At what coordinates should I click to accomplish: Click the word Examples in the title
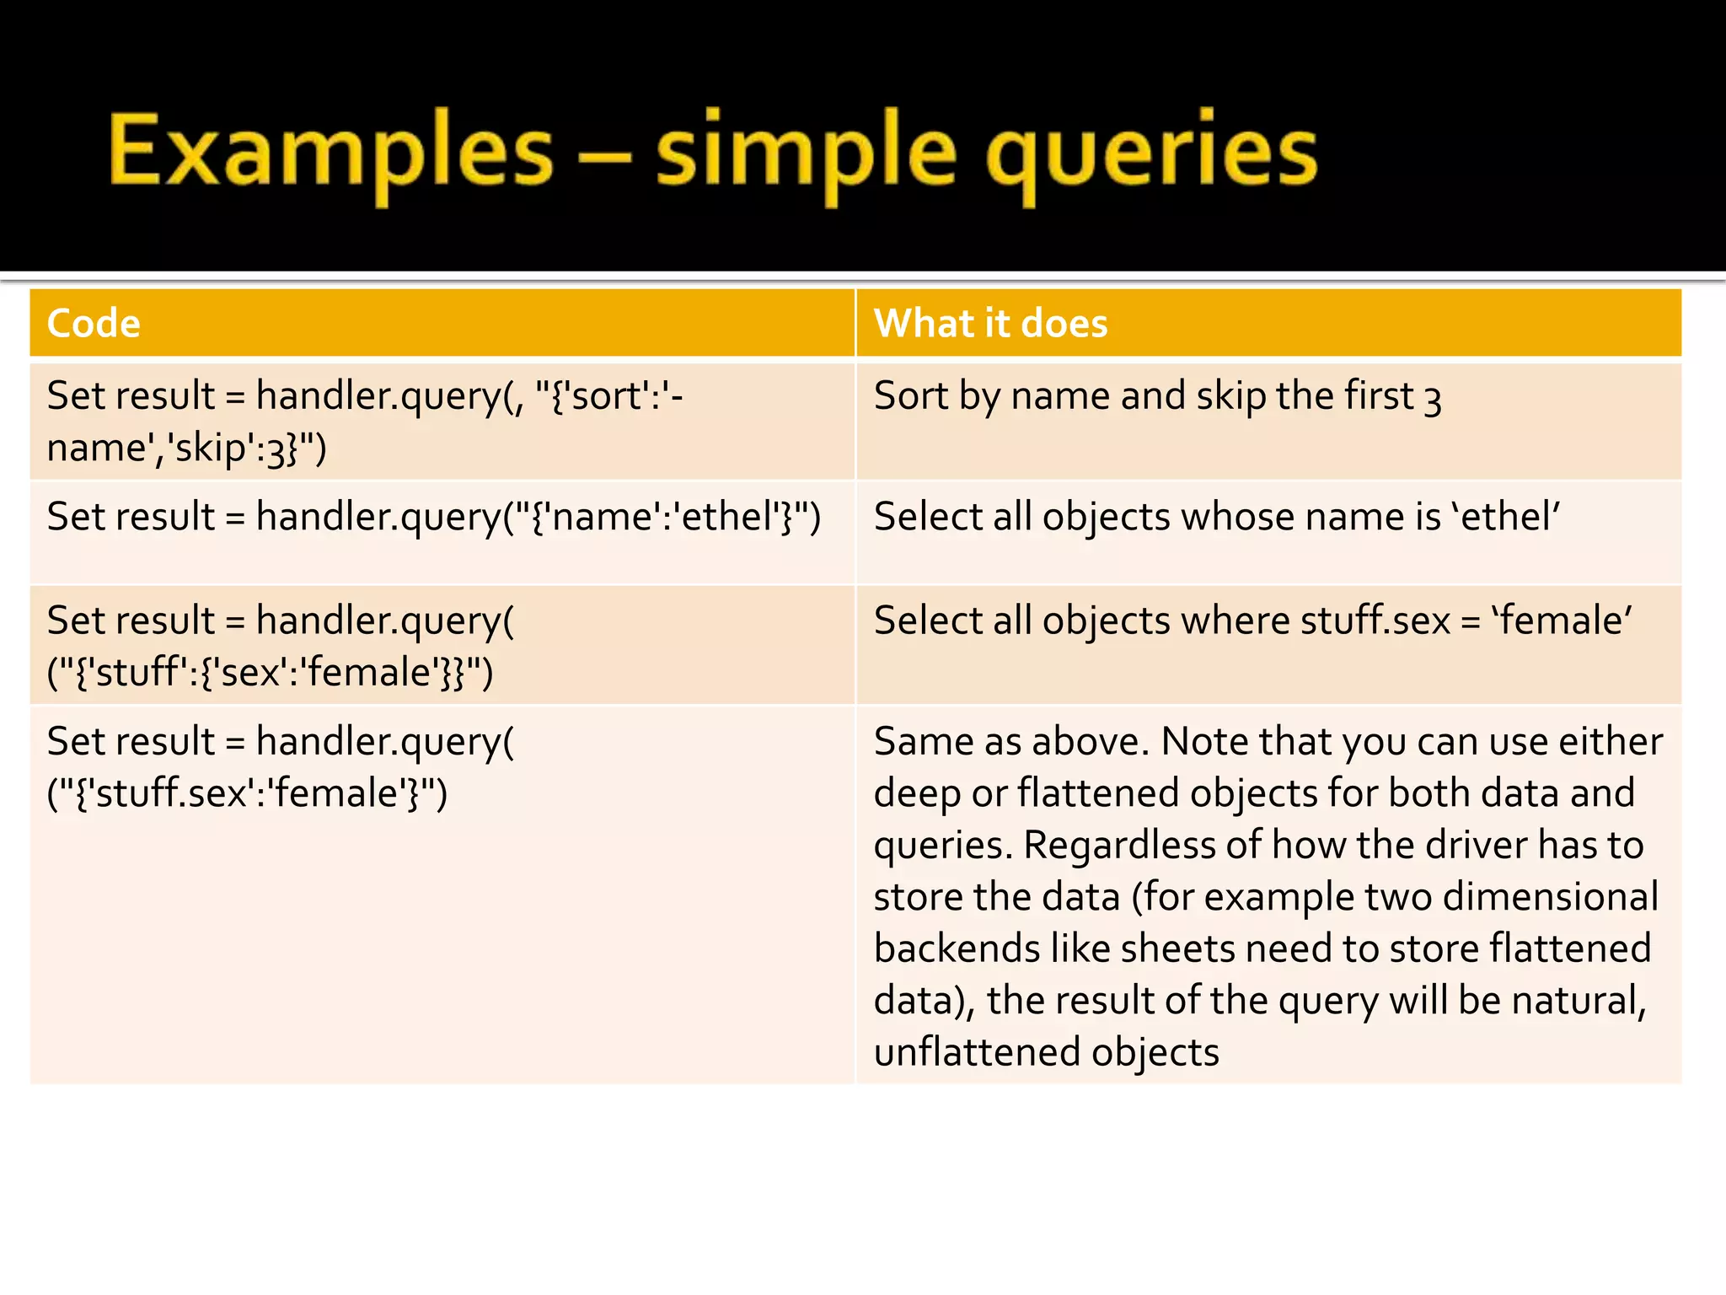[x=330, y=152]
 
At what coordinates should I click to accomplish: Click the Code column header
[x=94, y=324]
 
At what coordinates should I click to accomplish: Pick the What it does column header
[x=990, y=324]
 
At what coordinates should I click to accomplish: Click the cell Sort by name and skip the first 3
[x=1157, y=396]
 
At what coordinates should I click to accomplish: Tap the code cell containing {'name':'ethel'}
[x=433, y=517]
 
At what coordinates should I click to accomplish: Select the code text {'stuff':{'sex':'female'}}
[x=270, y=673]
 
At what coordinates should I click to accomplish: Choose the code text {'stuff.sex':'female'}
[x=247, y=793]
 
